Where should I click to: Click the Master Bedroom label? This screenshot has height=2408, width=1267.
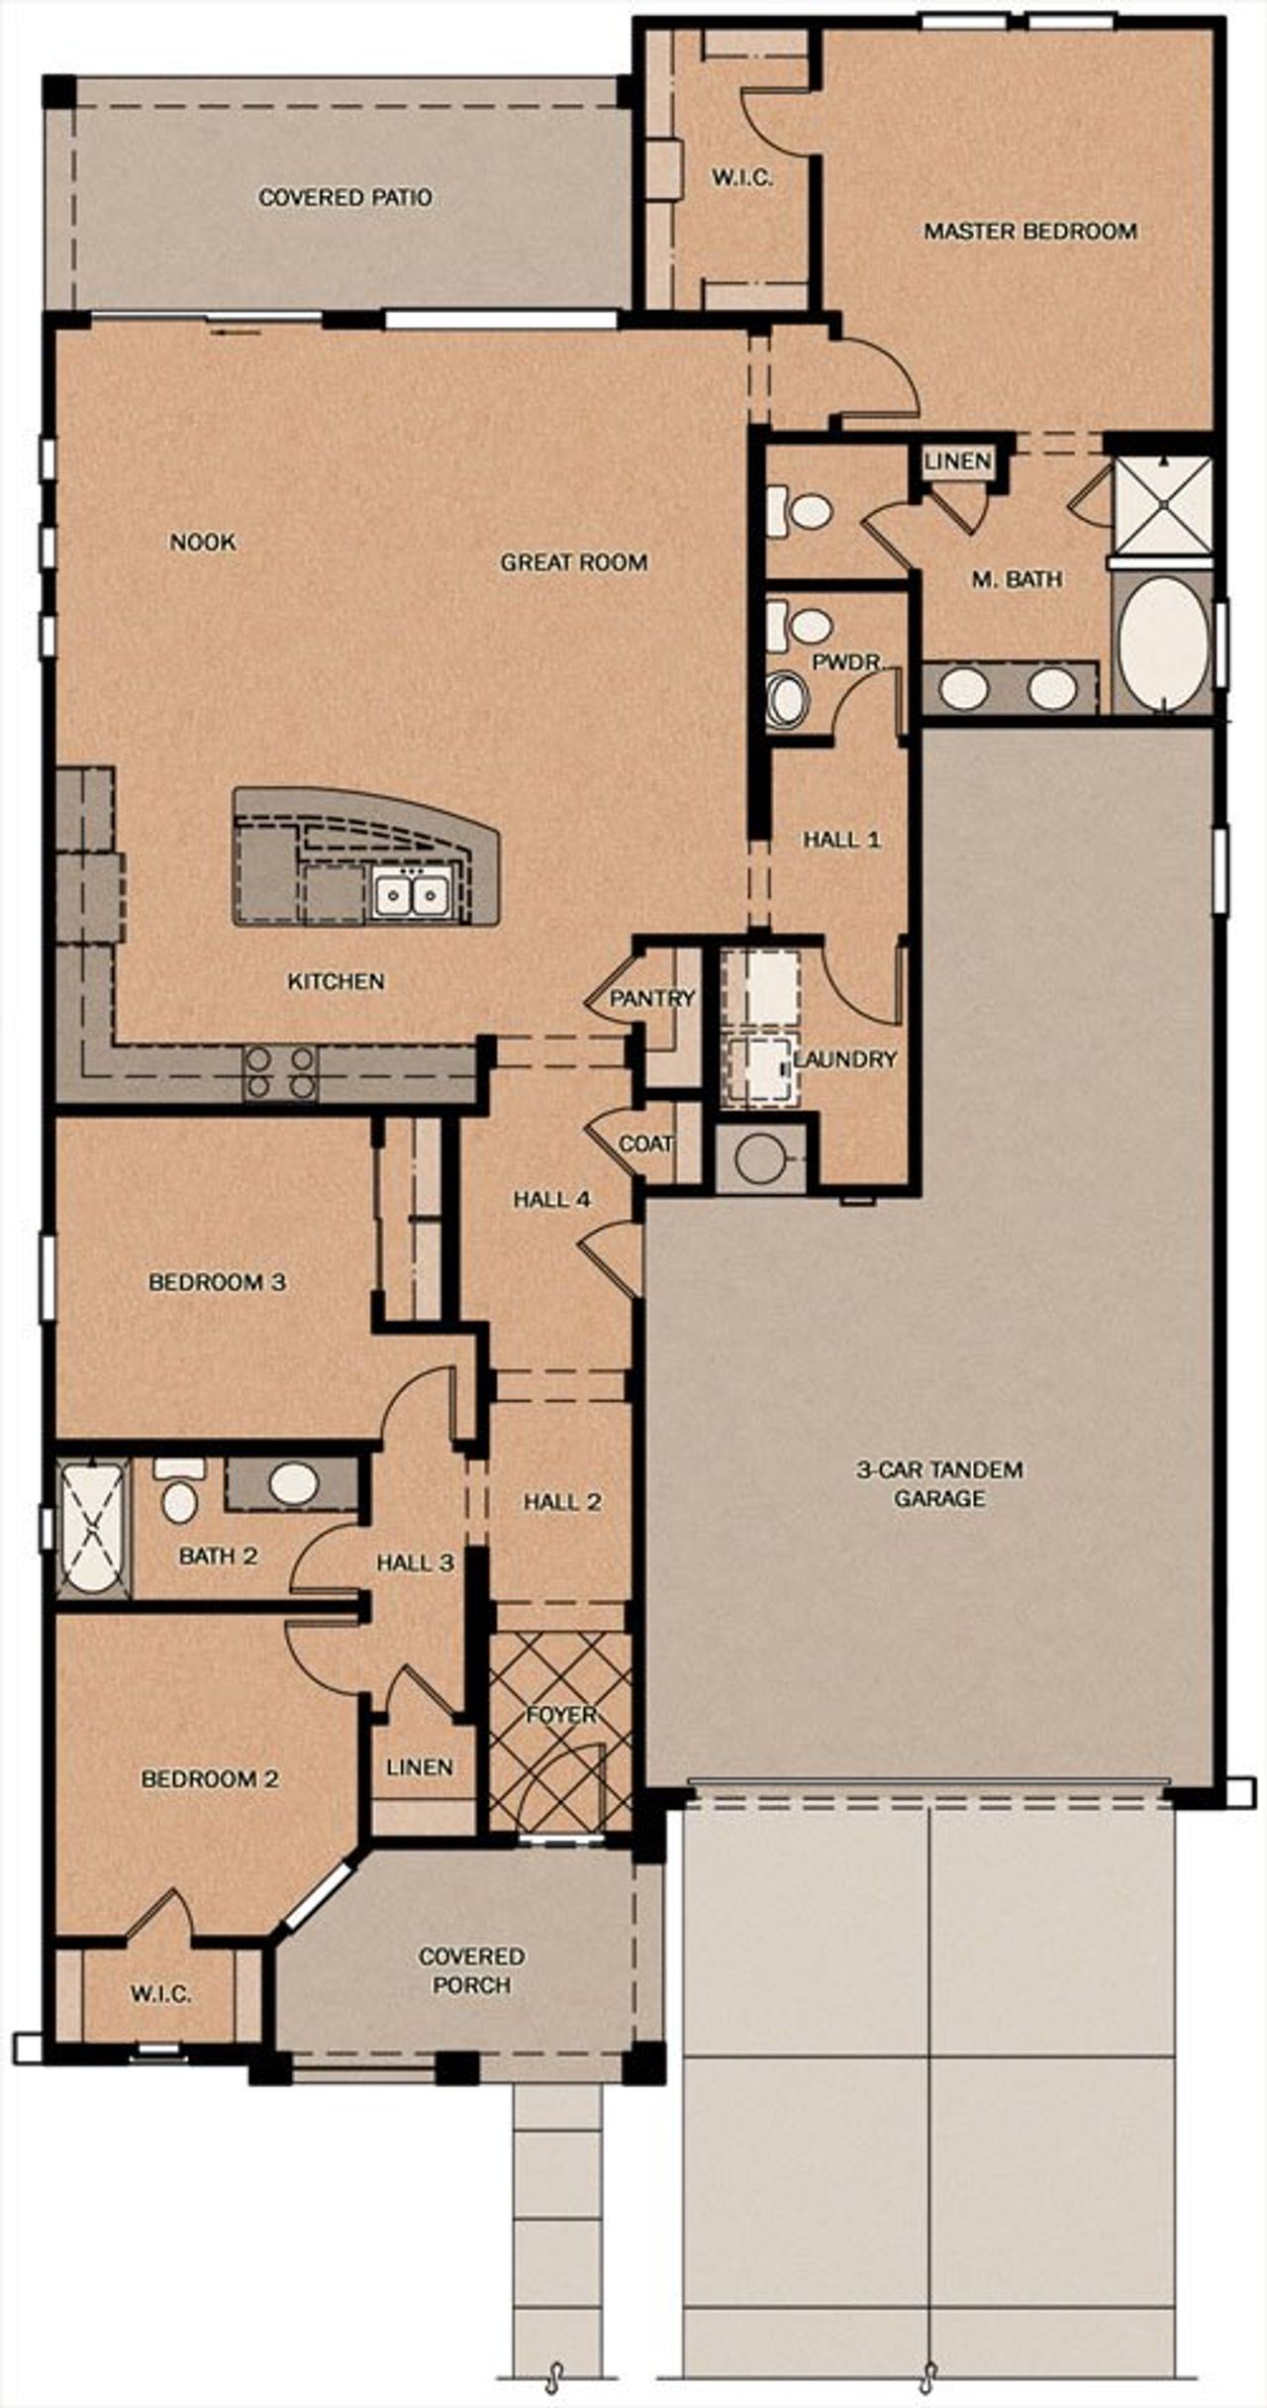pyautogui.click(x=1029, y=232)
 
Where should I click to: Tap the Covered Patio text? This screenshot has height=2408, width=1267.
pyautogui.click(x=344, y=198)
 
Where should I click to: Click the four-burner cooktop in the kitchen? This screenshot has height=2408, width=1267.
pyautogui.click(x=280, y=1072)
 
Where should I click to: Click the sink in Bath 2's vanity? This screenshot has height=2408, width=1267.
pyautogui.click(x=293, y=1482)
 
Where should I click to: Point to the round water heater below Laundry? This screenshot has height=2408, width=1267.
pyautogui.click(x=758, y=1156)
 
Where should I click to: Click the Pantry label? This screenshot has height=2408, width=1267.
pyautogui.click(x=651, y=998)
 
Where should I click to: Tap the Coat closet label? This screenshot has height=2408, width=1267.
pyautogui.click(x=645, y=1144)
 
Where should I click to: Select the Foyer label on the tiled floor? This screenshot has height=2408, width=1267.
pyautogui.click(x=561, y=1714)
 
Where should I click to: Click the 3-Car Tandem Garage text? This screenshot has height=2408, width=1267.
pyautogui.click(x=939, y=1483)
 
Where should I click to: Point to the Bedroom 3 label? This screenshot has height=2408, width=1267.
pyautogui.click(x=217, y=1282)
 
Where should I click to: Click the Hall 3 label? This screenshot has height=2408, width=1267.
pyautogui.click(x=415, y=1562)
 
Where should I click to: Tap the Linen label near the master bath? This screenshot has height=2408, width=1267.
pyautogui.click(x=957, y=461)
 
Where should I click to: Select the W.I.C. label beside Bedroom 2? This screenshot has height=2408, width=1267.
pyautogui.click(x=160, y=1993)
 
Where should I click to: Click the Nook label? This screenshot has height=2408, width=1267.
pyautogui.click(x=203, y=542)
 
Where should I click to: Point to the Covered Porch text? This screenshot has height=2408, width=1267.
pyautogui.click(x=471, y=1970)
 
